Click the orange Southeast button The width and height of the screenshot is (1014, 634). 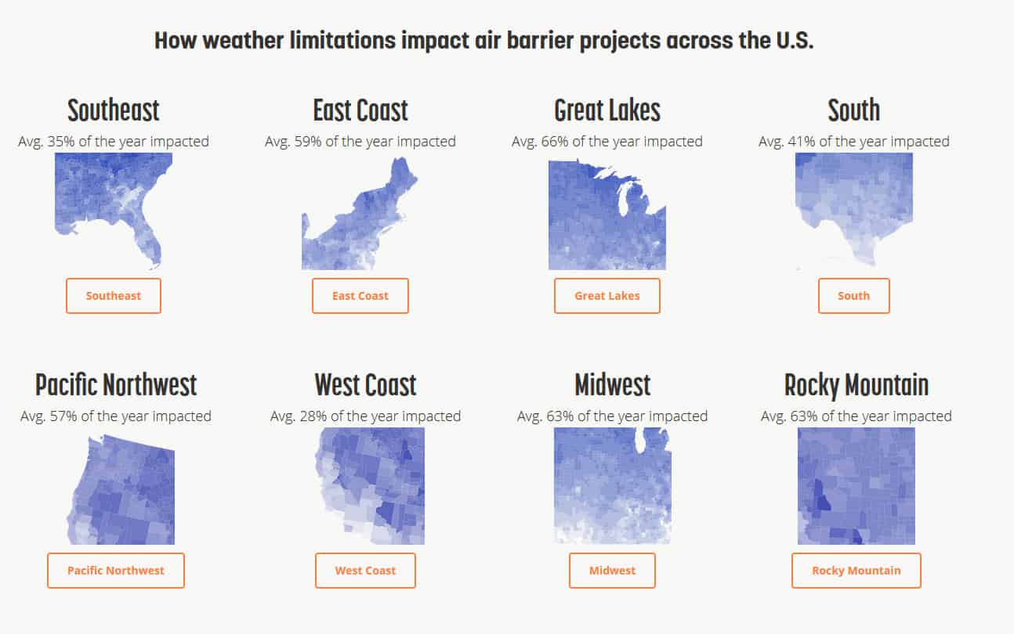coord(113,296)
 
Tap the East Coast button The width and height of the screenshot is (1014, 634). coord(360,296)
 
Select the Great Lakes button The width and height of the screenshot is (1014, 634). coord(607,296)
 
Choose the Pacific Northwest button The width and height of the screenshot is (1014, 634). coord(116,571)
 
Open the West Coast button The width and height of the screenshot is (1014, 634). coord(365,571)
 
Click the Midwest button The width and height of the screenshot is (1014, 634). coord(612,571)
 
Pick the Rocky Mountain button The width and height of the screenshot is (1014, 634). coord(856,571)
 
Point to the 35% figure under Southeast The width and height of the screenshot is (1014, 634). coord(61,142)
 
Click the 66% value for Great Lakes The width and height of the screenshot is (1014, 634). coord(555,142)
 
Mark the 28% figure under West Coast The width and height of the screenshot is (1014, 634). coord(313,416)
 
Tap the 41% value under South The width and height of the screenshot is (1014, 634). coord(801,142)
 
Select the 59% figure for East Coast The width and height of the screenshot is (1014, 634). coord(308,142)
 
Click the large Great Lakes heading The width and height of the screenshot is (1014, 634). coord(607,111)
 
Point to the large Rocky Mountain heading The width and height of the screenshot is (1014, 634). coord(856,386)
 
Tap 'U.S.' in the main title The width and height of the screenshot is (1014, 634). coord(795,40)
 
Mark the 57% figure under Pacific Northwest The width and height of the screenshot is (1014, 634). coord(63,416)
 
